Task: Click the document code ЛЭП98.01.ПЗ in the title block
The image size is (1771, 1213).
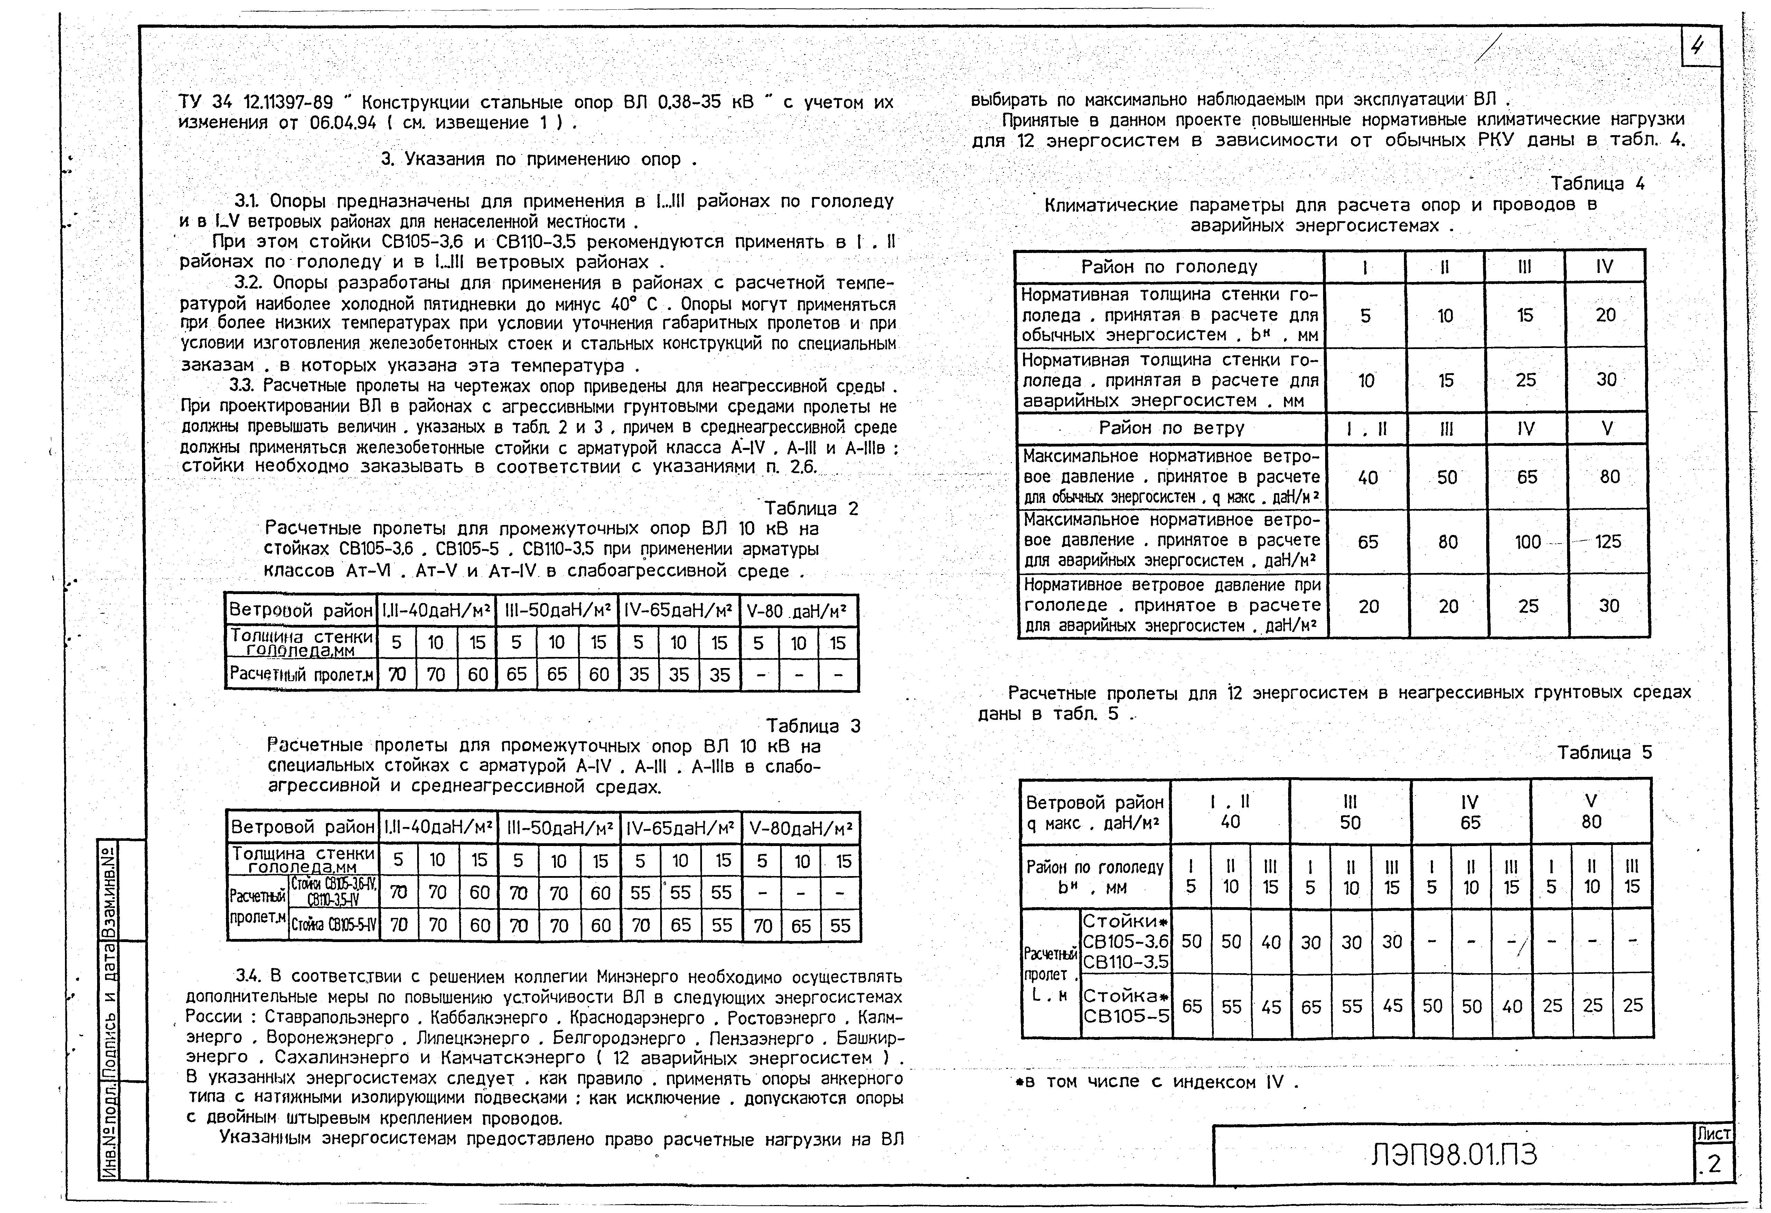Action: (x=1454, y=1156)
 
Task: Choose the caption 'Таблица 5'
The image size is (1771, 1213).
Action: (x=1604, y=753)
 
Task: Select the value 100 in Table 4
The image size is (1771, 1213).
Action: (x=1527, y=542)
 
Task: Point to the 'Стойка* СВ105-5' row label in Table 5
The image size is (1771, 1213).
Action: (x=1126, y=1006)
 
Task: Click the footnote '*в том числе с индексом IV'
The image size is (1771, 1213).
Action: (x=1155, y=1082)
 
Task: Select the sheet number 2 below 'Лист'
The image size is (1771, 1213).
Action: (x=1714, y=1165)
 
